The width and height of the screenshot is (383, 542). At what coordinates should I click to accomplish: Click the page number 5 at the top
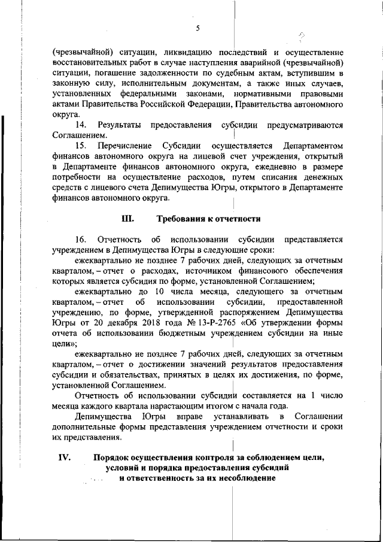point(197,28)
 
